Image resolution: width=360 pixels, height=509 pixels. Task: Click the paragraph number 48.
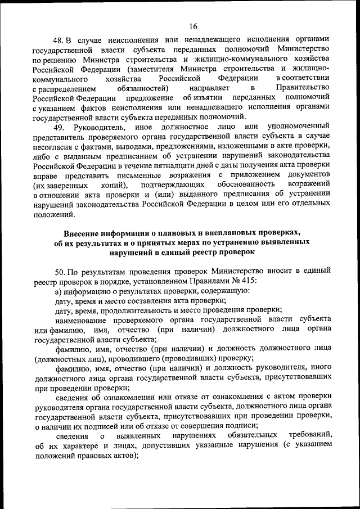click(58, 40)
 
